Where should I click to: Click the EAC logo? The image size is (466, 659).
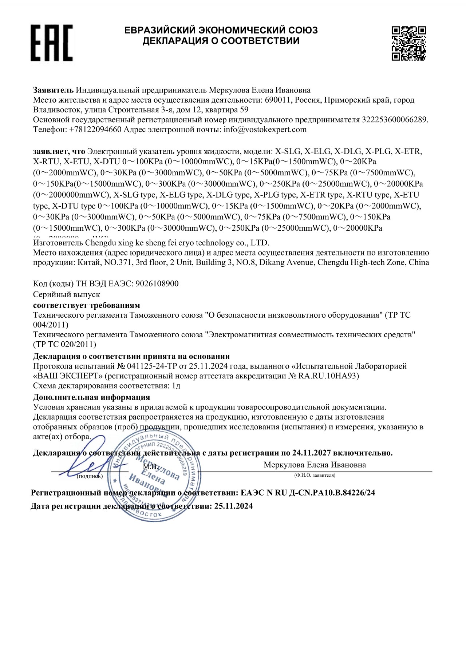click(x=51, y=43)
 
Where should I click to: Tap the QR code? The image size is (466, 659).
click(x=408, y=43)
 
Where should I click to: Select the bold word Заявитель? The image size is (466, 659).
click(x=53, y=90)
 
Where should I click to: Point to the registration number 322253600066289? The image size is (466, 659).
click(x=394, y=120)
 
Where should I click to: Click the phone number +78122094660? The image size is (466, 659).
click(x=95, y=130)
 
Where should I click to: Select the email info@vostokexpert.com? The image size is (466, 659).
click(x=265, y=130)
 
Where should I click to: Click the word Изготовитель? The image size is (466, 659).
click(x=58, y=243)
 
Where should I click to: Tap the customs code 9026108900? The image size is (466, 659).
click(x=157, y=283)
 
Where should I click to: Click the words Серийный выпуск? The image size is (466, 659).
click(x=66, y=294)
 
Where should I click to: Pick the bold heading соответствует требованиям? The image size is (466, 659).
click(x=87, y=305)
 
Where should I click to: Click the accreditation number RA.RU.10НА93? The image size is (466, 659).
click(x=329, y=376)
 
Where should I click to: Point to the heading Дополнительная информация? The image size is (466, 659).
click(x=91, y=397)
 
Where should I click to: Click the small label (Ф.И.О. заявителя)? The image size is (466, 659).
click(x=315, y=475)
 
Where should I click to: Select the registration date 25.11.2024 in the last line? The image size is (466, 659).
click(x=233, y=506)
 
